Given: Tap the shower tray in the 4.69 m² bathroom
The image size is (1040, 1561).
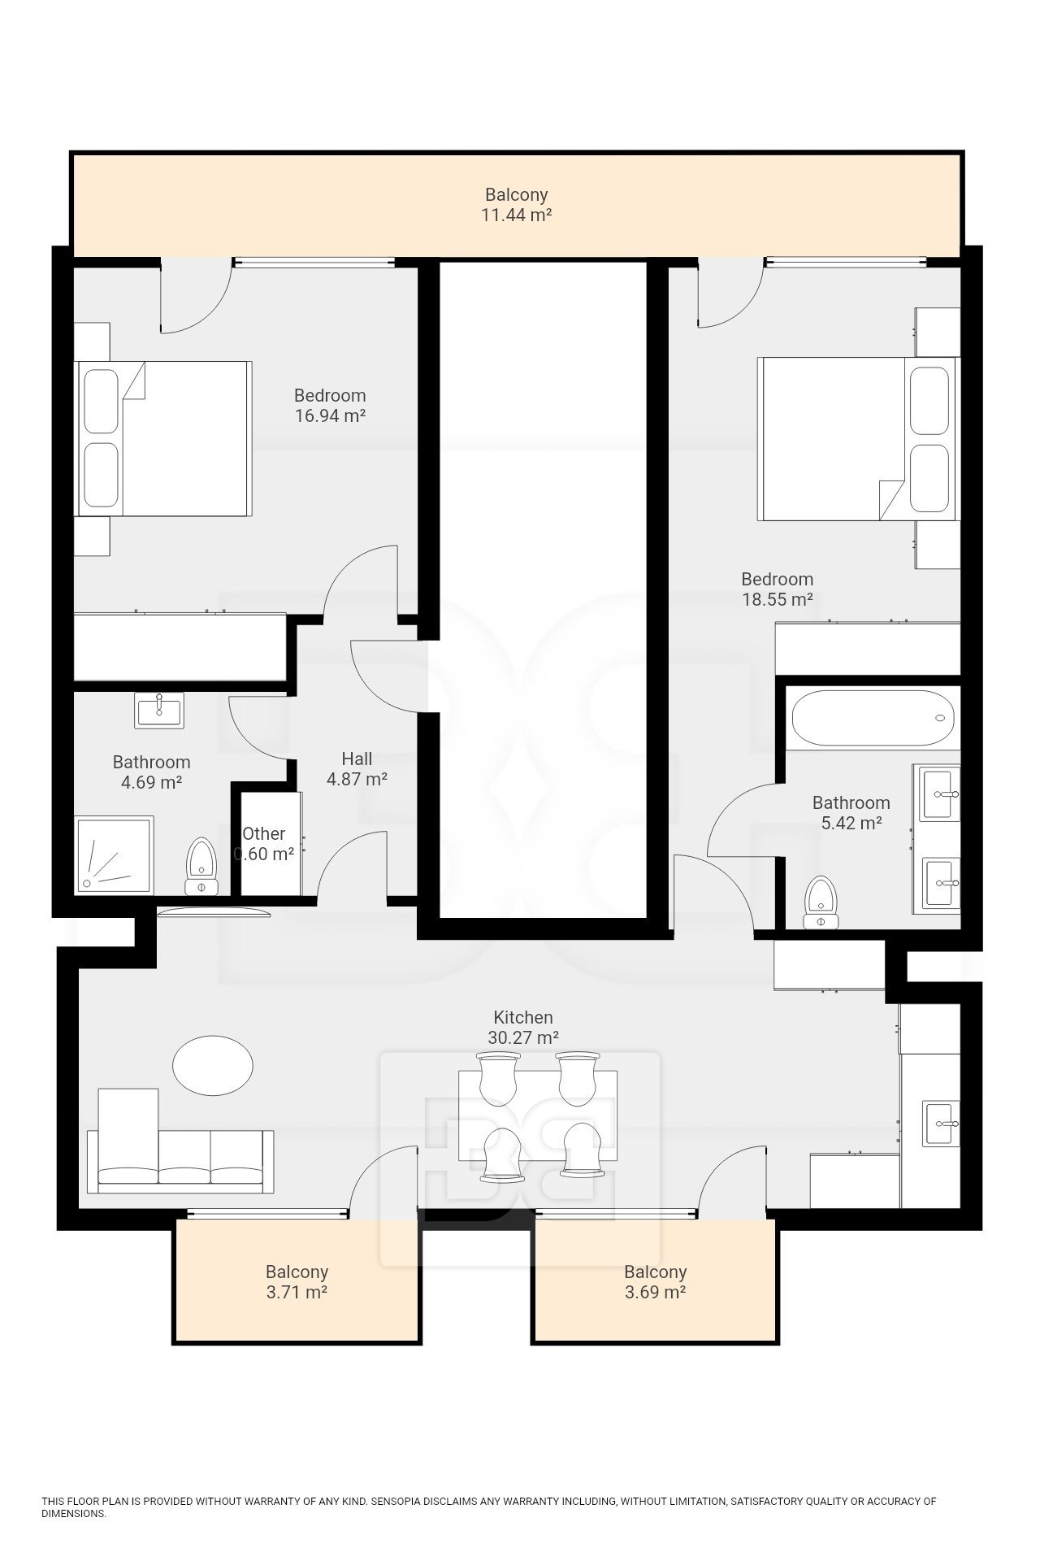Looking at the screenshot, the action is coord(114,856).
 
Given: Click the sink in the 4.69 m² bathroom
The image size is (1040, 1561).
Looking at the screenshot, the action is coord(159,710).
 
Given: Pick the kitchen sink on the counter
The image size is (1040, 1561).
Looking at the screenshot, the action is coord(941,1124).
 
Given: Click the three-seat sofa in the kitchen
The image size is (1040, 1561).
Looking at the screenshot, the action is coord(185,1141).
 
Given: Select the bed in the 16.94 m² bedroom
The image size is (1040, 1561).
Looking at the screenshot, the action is coord(163,438).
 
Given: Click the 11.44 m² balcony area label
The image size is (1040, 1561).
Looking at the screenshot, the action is coord(518,205).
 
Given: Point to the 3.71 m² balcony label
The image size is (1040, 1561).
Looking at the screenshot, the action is coord(297,1282).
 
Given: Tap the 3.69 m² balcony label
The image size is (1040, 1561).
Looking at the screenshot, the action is coord(655,1282).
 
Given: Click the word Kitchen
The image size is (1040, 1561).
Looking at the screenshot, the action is coord(523,1017).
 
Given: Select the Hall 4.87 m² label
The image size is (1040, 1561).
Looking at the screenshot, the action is coord(357,769).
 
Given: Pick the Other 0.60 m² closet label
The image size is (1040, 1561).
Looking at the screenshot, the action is coord(264,844).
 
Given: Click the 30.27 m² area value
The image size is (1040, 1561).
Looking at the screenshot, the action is coord(523,1037).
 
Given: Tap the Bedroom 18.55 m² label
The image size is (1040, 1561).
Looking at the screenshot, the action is coord(778,589).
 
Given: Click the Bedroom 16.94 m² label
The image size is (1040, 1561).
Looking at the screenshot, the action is coord(330,406).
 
